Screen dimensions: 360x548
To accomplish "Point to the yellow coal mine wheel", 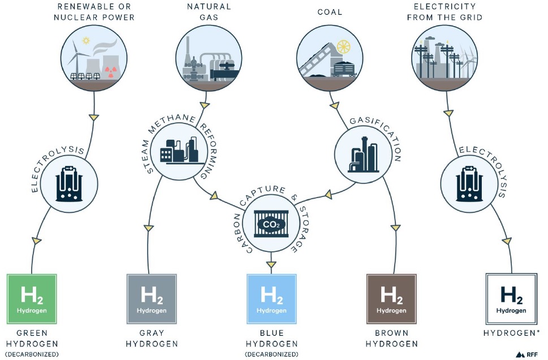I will click(x=343, y=47).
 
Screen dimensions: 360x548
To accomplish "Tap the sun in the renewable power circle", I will click(x=86, y=41).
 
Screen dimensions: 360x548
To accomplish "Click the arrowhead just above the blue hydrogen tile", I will click(x=272, y=263).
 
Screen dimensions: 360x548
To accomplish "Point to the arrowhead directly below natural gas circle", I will click(x=203, y=105).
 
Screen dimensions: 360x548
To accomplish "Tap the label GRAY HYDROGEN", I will click(x=152, y=338).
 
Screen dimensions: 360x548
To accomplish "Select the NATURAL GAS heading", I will click(x=209, y=12).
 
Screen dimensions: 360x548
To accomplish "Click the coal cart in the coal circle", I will click(x=344, y=68).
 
